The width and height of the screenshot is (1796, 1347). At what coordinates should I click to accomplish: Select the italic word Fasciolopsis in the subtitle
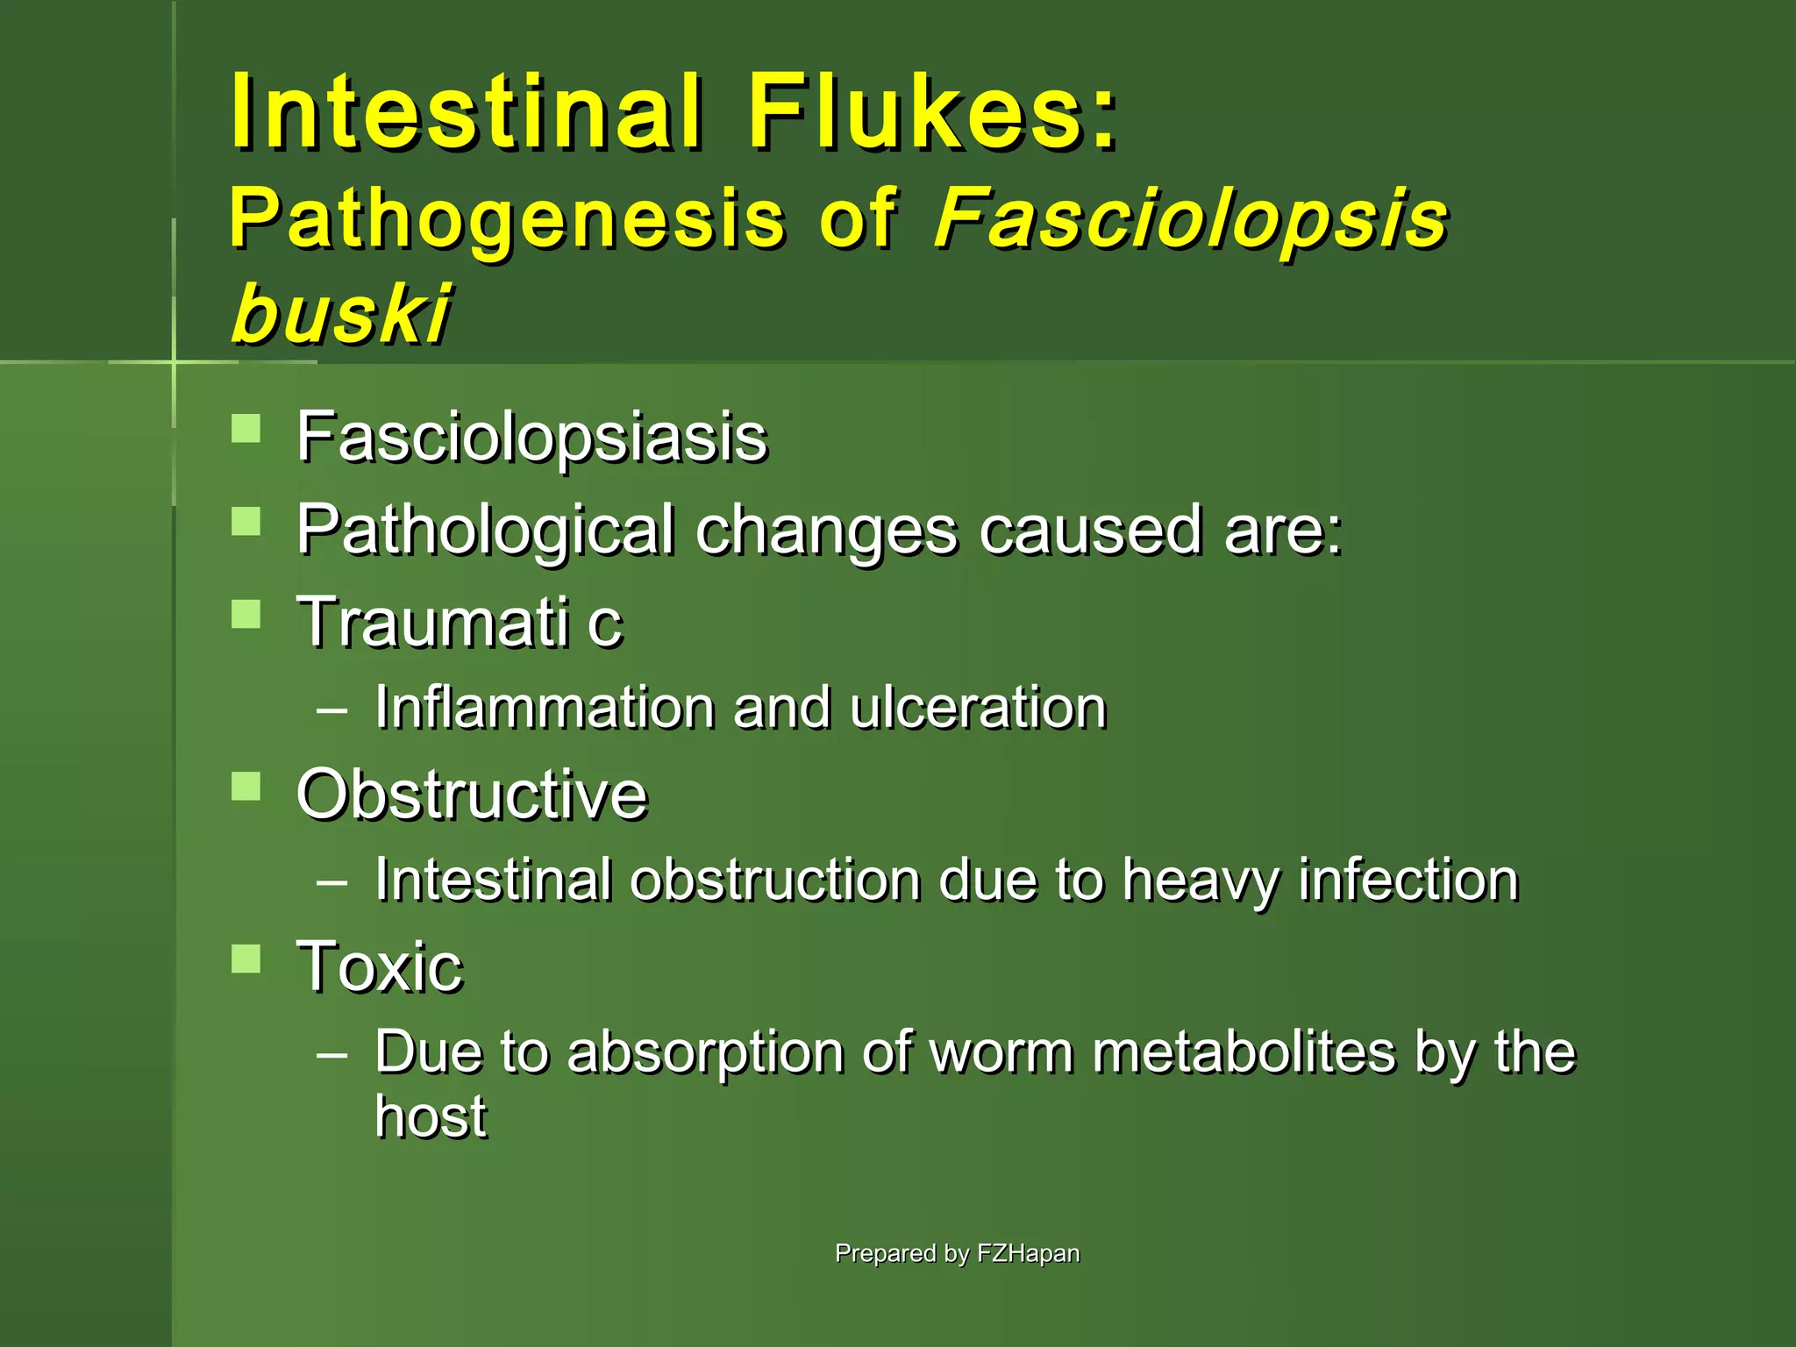tap(1191, 219)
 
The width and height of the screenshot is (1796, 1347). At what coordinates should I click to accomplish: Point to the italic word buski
tap(341, 313)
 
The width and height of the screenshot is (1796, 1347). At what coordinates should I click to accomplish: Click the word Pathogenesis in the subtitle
tap(507, 219)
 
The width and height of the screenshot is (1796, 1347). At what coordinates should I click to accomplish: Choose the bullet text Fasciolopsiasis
tap(531, 437)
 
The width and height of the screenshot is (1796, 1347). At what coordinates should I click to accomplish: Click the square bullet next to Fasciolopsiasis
tap(246, 429)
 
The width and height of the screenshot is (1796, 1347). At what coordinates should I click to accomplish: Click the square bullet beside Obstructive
tap(246, 786)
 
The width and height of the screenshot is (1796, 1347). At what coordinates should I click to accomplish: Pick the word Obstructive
tap(472, 795)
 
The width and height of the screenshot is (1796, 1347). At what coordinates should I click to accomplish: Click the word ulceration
tap(978, 707)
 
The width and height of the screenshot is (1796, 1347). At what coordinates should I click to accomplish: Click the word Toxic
tap(380, 966)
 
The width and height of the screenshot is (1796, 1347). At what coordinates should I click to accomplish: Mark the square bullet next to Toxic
tap(246, 959)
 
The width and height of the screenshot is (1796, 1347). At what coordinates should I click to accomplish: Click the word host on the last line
tap(431, 1116)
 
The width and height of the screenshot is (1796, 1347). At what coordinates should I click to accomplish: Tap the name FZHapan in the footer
tap(1028, 1253)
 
